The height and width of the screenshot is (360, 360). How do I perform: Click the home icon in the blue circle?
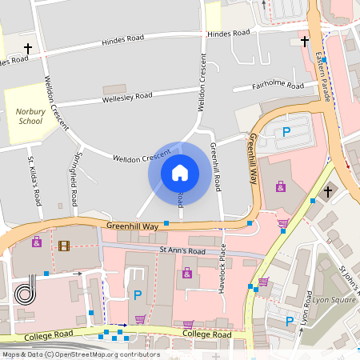180,172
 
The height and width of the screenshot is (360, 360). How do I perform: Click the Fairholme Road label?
278,85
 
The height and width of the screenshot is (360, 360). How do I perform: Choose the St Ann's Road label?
182,250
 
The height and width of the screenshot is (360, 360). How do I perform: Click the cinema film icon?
64,245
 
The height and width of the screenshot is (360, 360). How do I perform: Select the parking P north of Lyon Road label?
290,322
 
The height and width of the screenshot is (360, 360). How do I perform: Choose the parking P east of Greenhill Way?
286,133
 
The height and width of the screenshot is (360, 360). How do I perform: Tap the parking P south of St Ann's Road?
137,295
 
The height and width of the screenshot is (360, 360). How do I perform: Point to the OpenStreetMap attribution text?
80,354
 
